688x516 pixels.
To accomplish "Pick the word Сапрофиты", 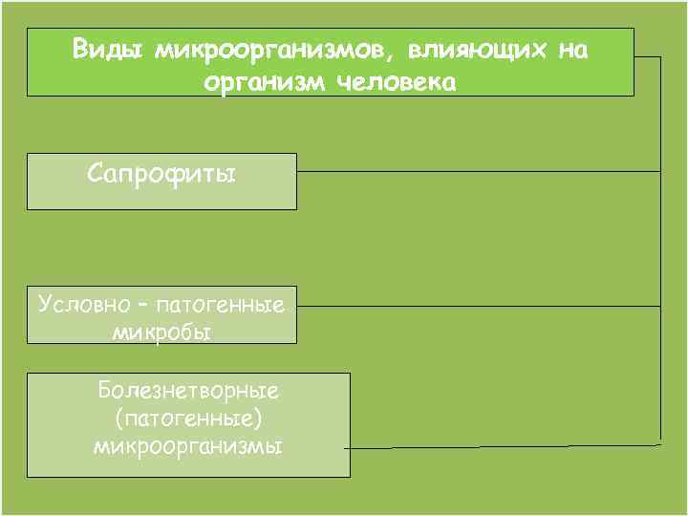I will tap(161, 174).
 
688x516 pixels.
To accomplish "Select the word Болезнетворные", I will tap(187, 392).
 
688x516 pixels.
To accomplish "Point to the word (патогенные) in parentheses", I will tap(187, 419).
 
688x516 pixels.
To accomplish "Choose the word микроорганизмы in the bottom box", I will tap(187, 445).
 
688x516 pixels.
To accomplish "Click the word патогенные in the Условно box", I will tap(219, 306).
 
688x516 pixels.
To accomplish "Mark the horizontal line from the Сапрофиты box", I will tap(478, 171).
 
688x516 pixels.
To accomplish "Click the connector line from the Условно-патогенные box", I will tap(478, 306).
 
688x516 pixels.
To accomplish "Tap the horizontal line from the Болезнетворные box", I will tap(497, 446).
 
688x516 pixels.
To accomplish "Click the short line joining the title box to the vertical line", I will tap(647, 57).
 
